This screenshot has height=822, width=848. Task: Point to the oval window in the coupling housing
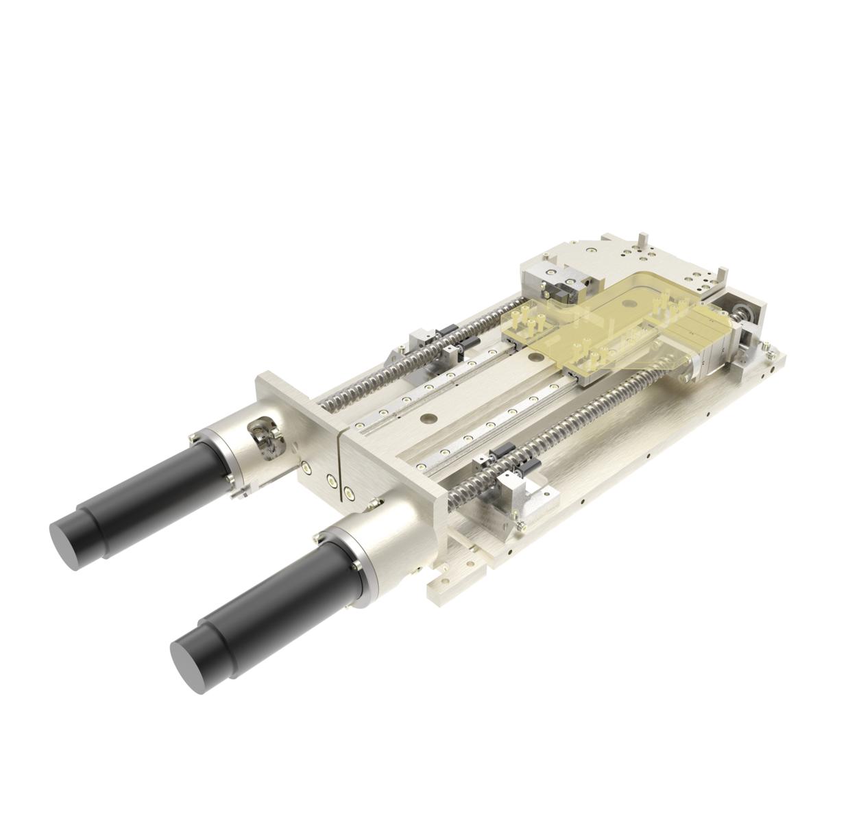pyautogui.click(x=263, y=434)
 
